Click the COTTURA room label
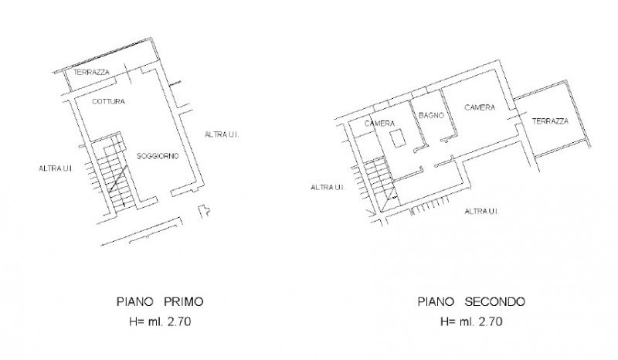108,101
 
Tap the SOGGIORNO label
158,156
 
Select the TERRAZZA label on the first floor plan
91,72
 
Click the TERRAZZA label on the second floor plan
550,121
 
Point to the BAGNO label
431,115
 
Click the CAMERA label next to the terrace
480,107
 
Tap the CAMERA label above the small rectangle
379,124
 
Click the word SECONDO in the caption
494,301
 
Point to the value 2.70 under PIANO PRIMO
179,321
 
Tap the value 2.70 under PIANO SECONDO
491,321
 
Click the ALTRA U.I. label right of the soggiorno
222,134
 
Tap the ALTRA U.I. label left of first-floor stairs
56,168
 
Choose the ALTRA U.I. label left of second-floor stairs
328,187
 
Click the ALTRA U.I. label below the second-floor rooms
481,212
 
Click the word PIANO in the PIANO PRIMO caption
134,301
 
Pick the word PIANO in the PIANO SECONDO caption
436,301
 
